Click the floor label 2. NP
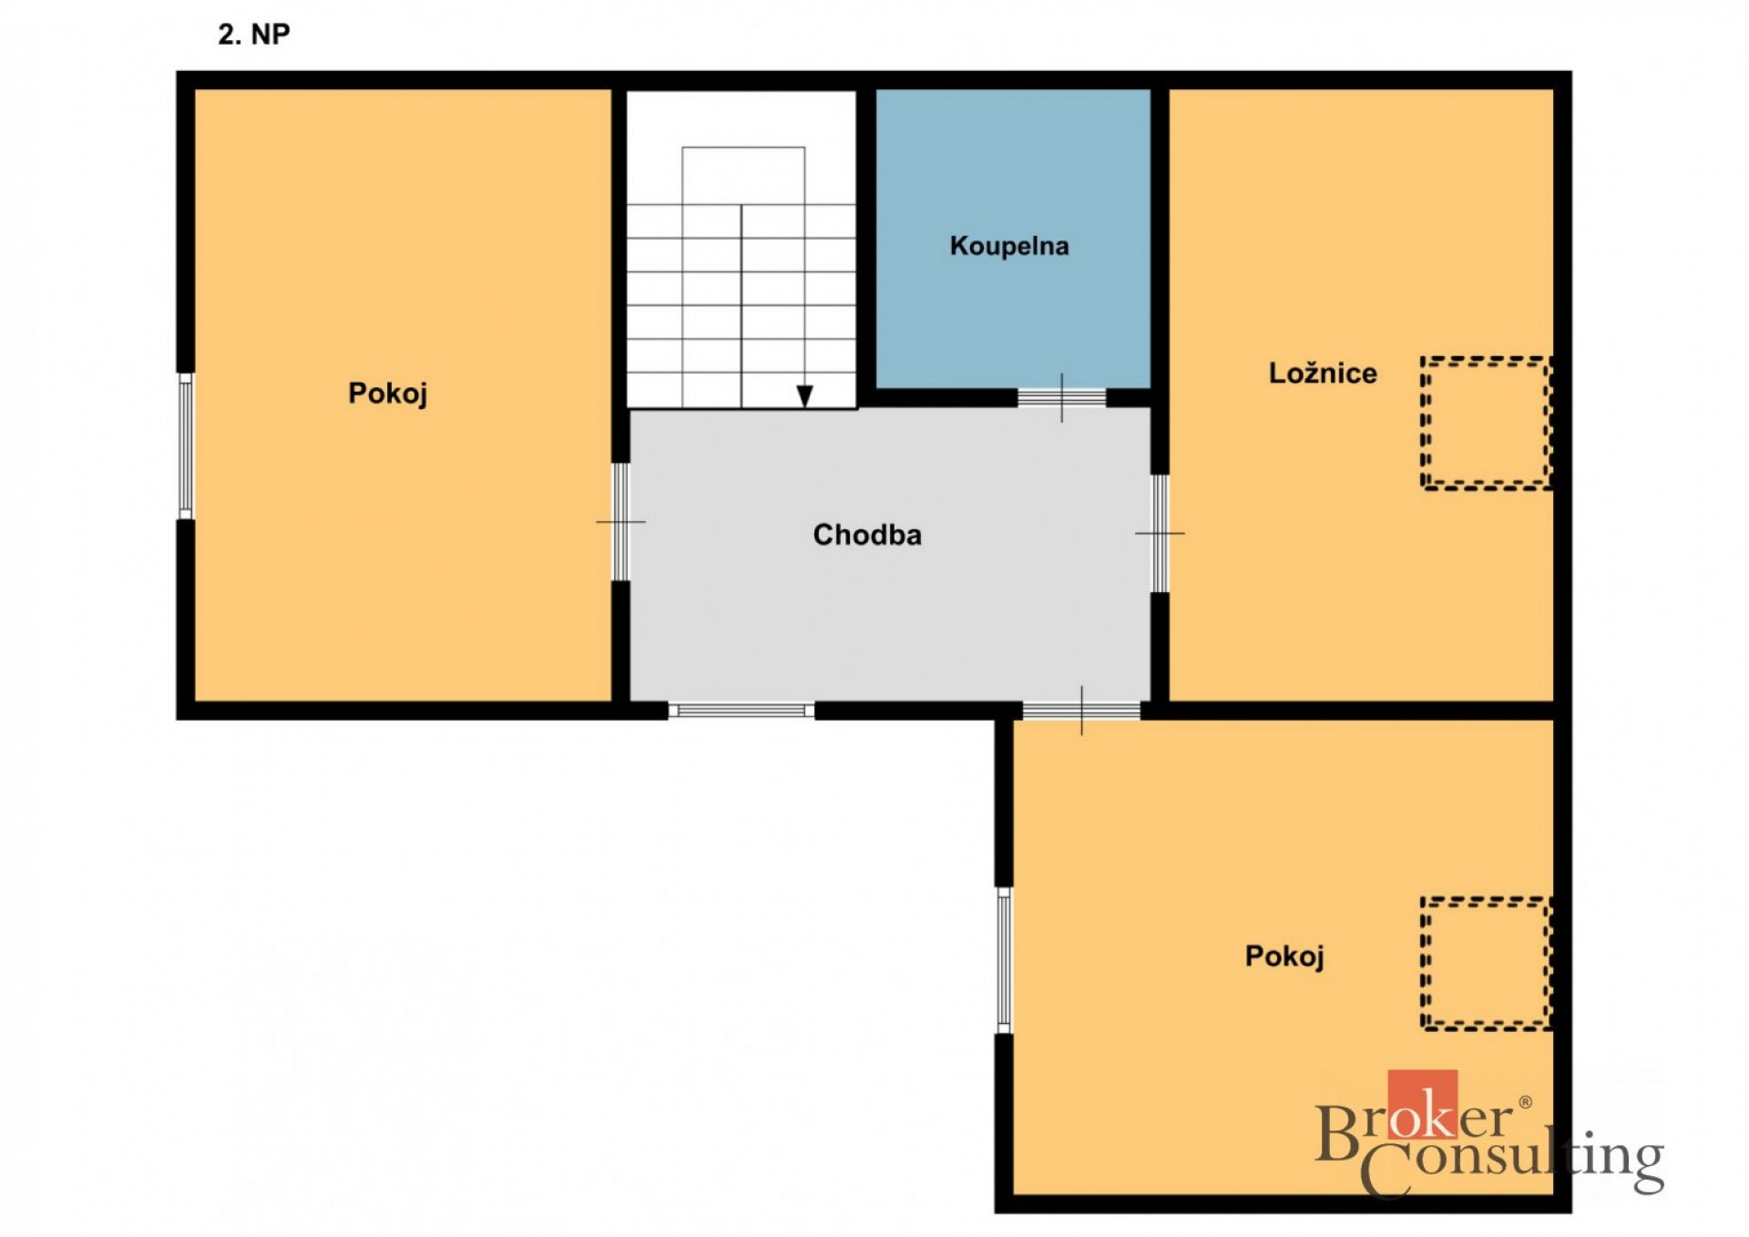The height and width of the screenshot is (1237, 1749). point(254,35)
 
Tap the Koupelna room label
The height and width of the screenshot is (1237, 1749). point(1009,246)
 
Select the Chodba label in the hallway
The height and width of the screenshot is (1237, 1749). point(867,535)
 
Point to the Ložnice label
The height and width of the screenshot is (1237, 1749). point(1323,373)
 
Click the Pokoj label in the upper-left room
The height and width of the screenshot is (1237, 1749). point(388,394)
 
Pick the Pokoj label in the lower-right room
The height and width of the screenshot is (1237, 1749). point(1284,956)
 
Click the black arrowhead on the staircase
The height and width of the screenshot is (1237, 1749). point(804,396)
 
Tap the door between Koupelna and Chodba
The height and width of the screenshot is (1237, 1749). point(1061,398)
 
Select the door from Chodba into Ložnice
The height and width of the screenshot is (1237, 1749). point(1160,533)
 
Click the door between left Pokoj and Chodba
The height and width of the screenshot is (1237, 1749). point(620,522)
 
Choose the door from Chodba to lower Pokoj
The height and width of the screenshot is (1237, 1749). point(1081,711)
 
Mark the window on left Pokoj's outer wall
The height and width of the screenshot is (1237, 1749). point(186,445)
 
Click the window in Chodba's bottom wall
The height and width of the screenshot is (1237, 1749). point(742,711)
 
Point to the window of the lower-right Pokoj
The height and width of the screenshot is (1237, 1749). point(1004,960)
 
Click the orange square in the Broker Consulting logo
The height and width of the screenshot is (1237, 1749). point(1422,1105)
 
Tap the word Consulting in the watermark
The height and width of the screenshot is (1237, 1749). point(1512,1162)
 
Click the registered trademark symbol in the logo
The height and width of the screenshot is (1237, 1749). point(1525,1103)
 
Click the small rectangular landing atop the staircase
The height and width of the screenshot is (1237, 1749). point(743,175)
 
